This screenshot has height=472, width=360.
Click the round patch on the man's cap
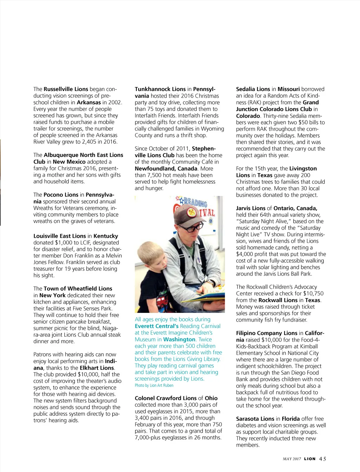point(192,212)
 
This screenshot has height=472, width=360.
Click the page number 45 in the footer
point(322,459)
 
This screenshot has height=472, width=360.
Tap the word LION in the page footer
point(310,459)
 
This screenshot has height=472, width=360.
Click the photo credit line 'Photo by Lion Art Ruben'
point(154,385)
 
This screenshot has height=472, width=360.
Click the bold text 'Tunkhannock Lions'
point(160,89)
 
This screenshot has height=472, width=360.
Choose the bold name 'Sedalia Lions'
point(253,89)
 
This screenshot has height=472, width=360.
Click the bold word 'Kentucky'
point(106,236)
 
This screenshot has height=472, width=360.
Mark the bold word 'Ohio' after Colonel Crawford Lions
point(211,398)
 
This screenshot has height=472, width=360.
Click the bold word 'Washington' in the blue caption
point(179,340)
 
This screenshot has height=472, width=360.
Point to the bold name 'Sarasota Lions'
point(255,419)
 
